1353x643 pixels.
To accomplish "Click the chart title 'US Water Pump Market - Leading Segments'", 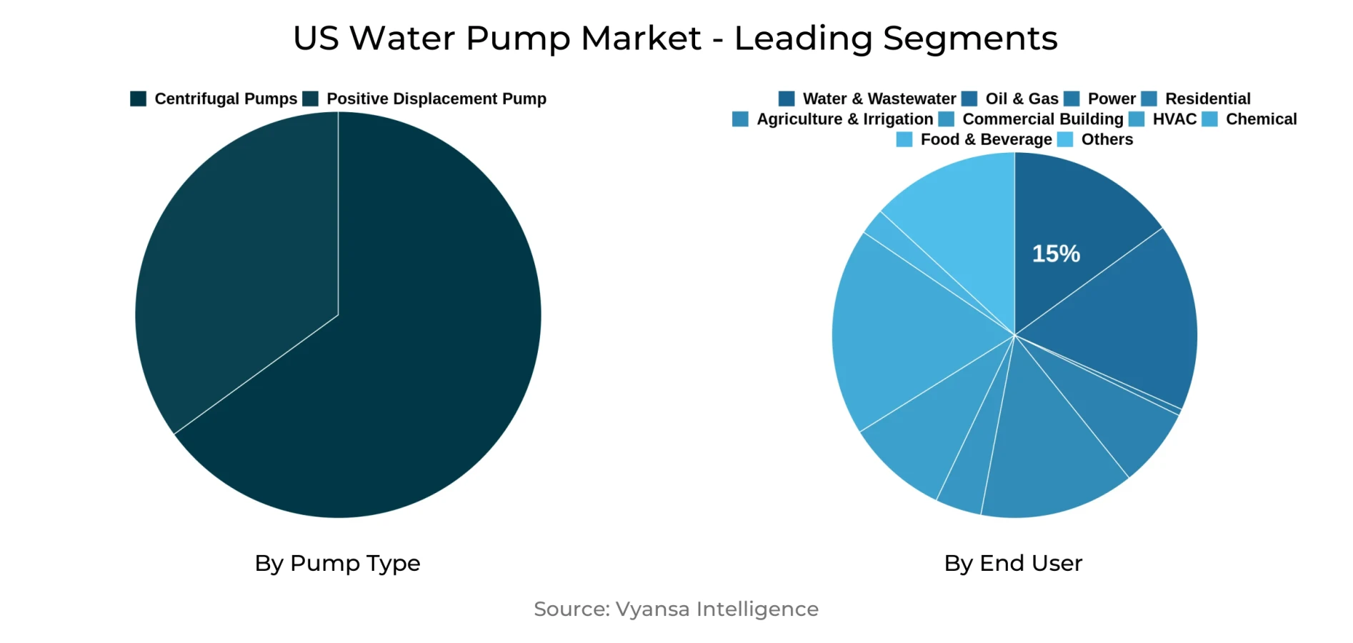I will (675, 39).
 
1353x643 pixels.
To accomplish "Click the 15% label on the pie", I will (1056, 254).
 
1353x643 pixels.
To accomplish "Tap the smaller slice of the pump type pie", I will (236, 271).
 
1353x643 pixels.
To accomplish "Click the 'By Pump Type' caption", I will (337, 564).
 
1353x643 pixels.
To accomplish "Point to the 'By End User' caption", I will (1013, 564).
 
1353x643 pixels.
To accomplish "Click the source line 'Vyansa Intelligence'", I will (676, 609).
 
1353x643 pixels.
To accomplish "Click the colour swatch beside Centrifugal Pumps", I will (138, 99).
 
